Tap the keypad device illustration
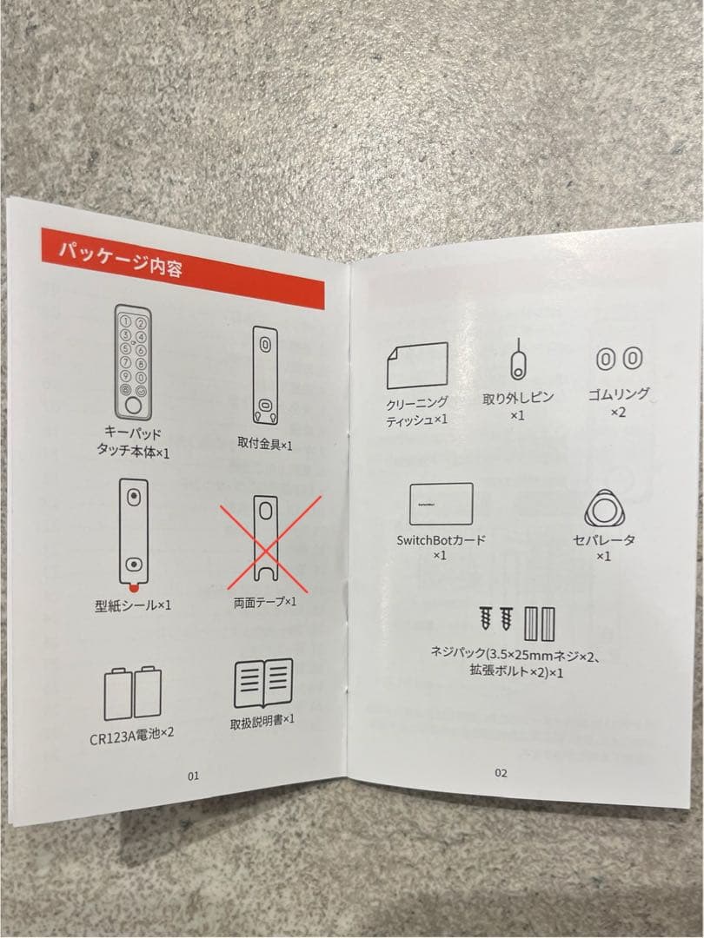133,362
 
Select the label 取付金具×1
265,444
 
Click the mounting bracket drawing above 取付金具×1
265,375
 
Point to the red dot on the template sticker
134,587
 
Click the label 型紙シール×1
133,605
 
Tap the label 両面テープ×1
265,602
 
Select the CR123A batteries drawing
133,693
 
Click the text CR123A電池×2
132,736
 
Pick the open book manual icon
263,684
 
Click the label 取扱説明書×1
262,722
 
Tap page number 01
193,776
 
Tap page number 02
501,773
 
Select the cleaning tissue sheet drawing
417,365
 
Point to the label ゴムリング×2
619,402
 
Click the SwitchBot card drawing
442,504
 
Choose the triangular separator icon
604,509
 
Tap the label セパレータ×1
603,547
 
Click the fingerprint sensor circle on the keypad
133,406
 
